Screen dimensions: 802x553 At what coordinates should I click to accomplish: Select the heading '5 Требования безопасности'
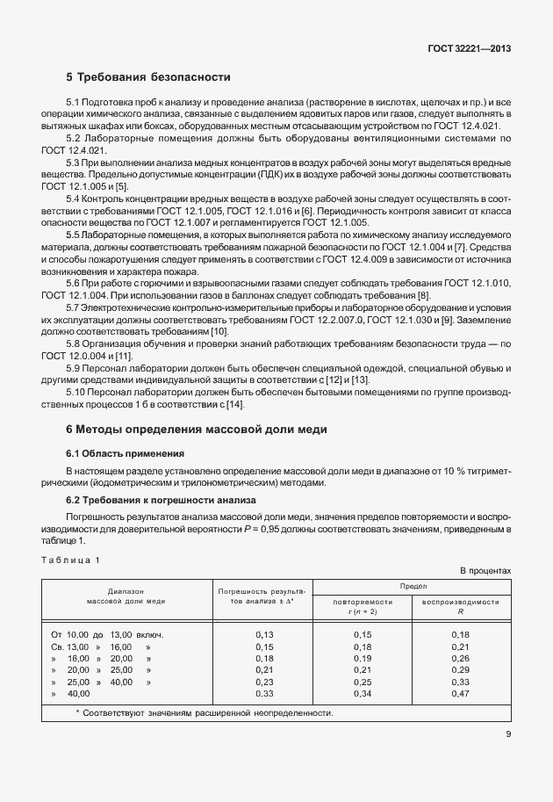coord(148,76)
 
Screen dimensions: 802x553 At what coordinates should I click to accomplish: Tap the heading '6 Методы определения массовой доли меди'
coord(196,430)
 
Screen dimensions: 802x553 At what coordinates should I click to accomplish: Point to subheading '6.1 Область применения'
coord(125,453)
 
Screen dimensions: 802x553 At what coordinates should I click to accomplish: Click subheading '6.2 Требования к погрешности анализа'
coord(161,500)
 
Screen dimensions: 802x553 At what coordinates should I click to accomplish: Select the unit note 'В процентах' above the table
coord(485,571)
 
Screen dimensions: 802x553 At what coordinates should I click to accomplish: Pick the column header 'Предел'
coord(413,585)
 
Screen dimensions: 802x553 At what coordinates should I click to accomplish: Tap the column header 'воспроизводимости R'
coord(461,606)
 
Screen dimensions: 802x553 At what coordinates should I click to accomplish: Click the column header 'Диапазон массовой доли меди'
coord(126,596)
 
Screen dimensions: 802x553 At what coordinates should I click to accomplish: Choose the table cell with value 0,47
coord(461,693)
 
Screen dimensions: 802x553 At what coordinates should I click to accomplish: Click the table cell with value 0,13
coord(264,634)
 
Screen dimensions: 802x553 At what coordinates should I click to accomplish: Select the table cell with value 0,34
coord(363,693)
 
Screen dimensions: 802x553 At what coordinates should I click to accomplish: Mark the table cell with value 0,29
coord(461,669)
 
